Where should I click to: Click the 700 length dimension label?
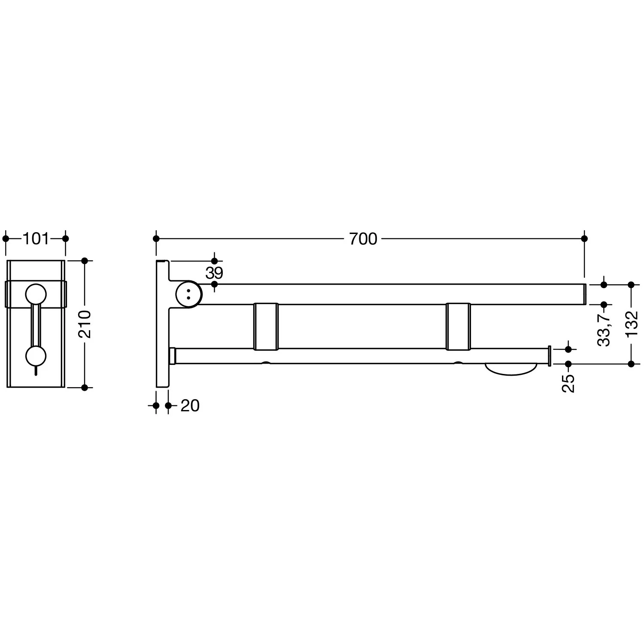(363, 239)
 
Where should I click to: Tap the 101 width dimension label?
(36, 238)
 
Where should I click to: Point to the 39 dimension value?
(214, 273)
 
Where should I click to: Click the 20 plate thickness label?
(190, 406)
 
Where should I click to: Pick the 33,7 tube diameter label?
(604, 329)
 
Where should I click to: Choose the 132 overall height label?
(632, 324)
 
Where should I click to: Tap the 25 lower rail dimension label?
(568, 383)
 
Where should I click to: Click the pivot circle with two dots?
(188, 294)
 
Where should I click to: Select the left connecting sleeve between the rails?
(266, 326)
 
